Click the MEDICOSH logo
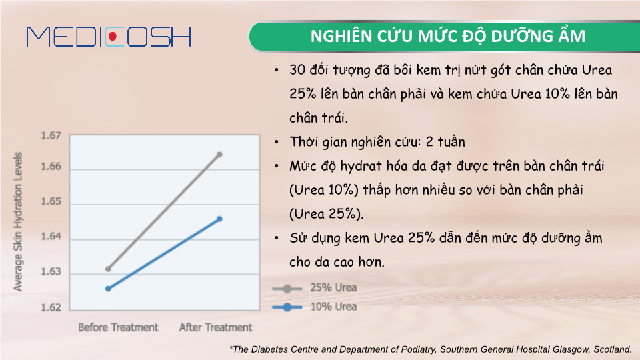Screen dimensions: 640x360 pyautogui.click(x=109, y=37)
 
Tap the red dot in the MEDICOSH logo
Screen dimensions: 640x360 pyautogui.click(x=113, y=37)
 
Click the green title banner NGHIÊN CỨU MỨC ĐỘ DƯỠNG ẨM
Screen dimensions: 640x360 pyautogui.click(x=445, y=36)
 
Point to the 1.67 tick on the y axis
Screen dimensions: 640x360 pyautogui.click(x=51, y=135)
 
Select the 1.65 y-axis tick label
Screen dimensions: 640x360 pyautogui.click(x=51, y=201)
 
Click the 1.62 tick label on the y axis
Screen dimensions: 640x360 pyautogui.click(x=51, y=307)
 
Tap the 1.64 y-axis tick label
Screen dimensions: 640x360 pyautogui.click(x=51, y=236)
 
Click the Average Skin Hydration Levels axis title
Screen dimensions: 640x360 pyautogui.click(x=17, y=221)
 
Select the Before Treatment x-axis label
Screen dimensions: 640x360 pyautogui.click(x=118, y=327)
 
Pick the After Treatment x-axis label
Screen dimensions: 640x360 pyautogui.click(x=215, y=327)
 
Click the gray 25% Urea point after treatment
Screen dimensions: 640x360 pyautogui.click(x=219, y=155)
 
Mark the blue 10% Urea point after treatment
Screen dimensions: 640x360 pyautogui.click(x=219, y=219)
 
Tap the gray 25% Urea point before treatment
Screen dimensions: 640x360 pyautogui.click(x=108, y=269)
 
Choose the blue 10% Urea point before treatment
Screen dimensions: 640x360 pyautogui.click(x=108, y=289)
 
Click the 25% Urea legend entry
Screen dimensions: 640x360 pyautogui.click(x=314, y=288)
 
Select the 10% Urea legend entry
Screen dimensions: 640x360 pyautogui.click(x=314, y=307)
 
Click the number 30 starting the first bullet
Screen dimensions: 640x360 pyautogui.click(x=297, y=70)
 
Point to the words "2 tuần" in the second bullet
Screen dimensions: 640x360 pyautogui.click(x=445, y=141)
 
